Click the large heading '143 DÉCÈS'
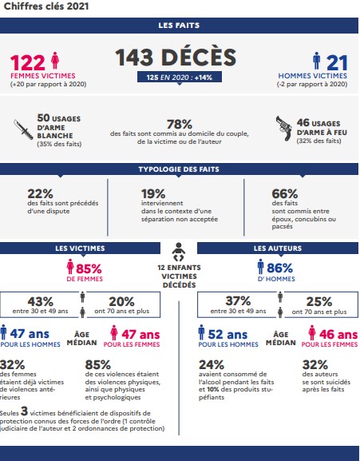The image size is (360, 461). (176, 58)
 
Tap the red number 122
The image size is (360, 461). (28, 62)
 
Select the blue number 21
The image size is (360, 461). (337, 62)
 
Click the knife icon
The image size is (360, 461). (23, 129)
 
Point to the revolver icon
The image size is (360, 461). (284, 128)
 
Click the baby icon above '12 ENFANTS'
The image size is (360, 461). (179, 252)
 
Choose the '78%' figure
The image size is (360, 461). (180, 124)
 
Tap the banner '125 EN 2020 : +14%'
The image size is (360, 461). (180, 77)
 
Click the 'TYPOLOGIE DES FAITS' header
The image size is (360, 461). (179, 169)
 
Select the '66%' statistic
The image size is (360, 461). (284, 194)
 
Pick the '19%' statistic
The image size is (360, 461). (153, 194)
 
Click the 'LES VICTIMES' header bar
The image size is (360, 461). (80, 248)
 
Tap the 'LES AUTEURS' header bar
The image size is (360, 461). (278, 248)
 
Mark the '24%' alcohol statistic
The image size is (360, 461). (212, 365)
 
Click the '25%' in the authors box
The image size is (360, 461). (319, 302)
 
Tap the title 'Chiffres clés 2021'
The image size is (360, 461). (46, 6)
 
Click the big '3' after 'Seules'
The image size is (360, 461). (24, 411)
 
